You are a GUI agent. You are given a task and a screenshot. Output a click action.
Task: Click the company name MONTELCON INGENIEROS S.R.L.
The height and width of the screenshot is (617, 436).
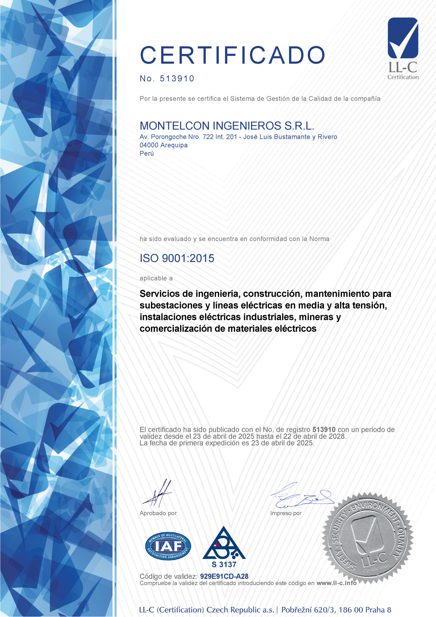pyautogui.click(x=227, y=126)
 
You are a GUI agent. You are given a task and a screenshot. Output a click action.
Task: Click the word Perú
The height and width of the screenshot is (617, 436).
pyautogui.click(x=147, y=154)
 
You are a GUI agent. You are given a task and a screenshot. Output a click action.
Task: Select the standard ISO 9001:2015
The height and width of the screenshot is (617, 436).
pyautogui.click(x=177, y=258)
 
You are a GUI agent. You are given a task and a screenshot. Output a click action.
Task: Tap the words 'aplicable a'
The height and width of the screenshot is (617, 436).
pyautogui.click(x=156, y=278)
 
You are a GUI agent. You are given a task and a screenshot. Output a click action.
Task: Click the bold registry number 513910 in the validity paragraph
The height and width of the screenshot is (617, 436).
pyautogui.click(x=324, y=429)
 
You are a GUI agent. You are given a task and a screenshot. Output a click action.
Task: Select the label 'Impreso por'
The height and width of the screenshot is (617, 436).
pyautogui.click(x=286, y=513)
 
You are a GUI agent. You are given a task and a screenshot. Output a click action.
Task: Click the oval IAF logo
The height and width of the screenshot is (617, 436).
pyautogui.click(x=168, y=546)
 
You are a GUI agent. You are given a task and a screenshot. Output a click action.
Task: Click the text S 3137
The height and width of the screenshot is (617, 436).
pyautogui.click(x=224, y=565)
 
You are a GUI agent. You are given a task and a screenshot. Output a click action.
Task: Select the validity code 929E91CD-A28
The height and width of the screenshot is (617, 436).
pyautogui.click(x=224, y=576)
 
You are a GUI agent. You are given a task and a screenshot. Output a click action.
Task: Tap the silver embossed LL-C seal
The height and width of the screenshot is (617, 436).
pyautogui.click(x=368, y=540)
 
